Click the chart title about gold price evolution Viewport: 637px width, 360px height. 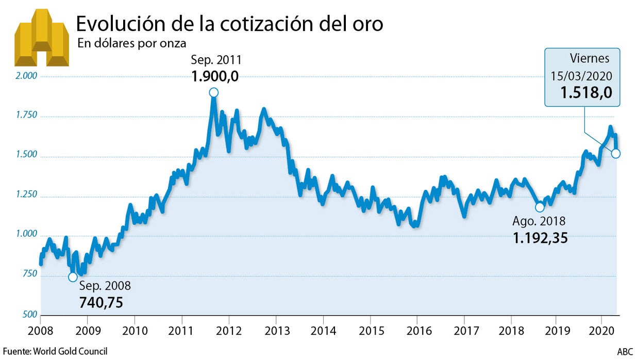pyautogui.click(x=229, y=24)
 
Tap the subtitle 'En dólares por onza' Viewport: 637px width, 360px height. pyautogui.click(x=131, y=44)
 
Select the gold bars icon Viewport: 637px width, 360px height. pyautogui.click(x=41, y=38)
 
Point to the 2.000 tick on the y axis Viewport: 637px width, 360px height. pyautogui.click(x=27, y=76)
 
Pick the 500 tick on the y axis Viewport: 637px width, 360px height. pyautogui.click(x=30, y=315)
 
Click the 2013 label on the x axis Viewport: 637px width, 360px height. pyautogui.click(x=276, y=330)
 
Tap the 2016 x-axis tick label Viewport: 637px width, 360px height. pyautogui.click(x=416, y=330)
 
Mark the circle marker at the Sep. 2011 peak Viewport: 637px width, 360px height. pyautogui.click(x=213, y=92)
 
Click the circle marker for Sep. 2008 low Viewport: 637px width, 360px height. pyautogui.click(x=73, y=277)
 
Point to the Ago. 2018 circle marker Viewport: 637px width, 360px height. pyautogui.click(x=540, y=207)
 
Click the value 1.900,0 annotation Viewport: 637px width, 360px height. pyautogui.click(x=215, y=76)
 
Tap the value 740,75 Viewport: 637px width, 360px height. pyautogui.click(x=101, y=302)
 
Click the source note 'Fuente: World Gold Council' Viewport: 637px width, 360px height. pyautogui.click(x=55, y=351)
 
